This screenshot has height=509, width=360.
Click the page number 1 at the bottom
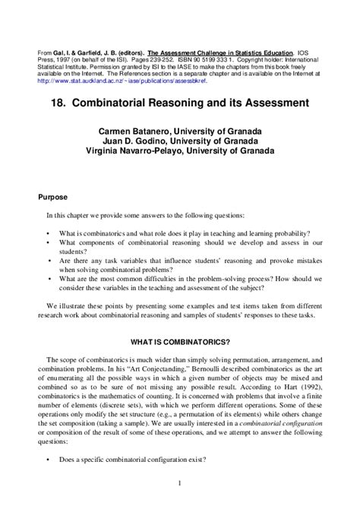(180, 482)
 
